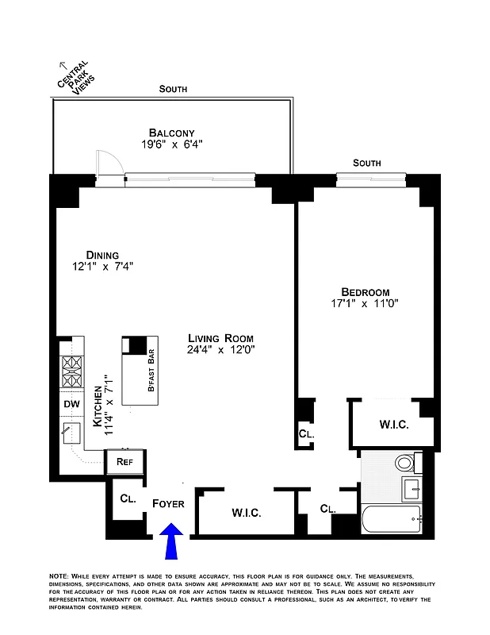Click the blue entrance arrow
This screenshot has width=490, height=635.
click(x=172, y=545)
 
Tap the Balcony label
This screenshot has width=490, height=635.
click(x=172, y=133)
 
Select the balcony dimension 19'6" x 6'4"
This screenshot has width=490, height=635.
click(x=172, y=144)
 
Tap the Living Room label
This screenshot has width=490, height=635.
click(x=220, y=337)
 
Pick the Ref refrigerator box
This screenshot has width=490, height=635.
click(x=124, y=461)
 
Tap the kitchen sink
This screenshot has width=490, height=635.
click(x=73, y=433)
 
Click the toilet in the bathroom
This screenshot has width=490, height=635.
click(x=405, y=463)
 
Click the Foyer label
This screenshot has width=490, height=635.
click(x=168, y=504)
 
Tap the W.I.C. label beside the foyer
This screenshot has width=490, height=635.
click(x=247, y=512)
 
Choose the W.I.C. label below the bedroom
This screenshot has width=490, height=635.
click(x=393, y=425)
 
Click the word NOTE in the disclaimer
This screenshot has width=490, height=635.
click(x=58, y=574)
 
